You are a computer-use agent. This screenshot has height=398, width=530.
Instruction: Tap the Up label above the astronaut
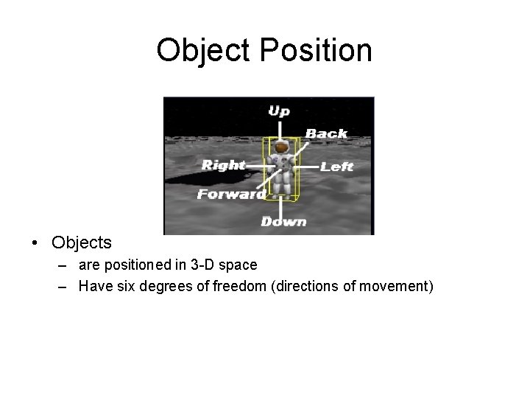[278, 111]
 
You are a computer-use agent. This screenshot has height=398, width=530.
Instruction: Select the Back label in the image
[326, 133]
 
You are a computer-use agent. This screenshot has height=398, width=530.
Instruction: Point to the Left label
[337, 167]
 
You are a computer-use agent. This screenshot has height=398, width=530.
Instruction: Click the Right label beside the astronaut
[223, 165]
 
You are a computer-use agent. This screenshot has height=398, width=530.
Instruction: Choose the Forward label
[230, 195]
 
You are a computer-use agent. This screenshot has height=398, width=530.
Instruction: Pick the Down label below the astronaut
[283, 220]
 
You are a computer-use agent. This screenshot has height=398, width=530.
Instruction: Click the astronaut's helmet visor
[280, 150]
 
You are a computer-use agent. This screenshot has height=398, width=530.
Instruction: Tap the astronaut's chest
[280, 164]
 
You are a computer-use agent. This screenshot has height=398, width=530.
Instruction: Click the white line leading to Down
[280, 207]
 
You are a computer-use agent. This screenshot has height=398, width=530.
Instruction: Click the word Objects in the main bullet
[82, 242]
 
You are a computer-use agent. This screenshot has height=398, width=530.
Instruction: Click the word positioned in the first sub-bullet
[133, 265]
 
